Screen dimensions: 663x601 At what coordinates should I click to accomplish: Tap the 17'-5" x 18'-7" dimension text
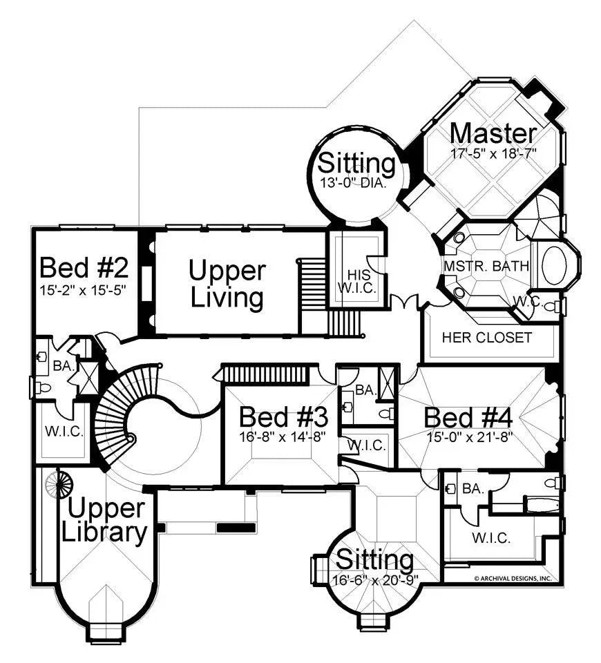(493, 152)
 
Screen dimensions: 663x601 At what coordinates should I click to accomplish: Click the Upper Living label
(227, 284)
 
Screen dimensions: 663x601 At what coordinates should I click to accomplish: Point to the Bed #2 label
(84, 267)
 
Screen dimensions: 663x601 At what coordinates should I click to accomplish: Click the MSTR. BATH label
(486, 265)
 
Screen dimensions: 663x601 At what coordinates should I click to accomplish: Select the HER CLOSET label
(487, 337)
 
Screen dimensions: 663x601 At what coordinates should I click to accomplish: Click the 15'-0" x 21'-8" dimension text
(468, 436)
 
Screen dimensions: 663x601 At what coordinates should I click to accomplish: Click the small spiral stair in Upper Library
(58, 484)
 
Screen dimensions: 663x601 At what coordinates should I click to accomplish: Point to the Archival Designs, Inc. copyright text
(512, 578)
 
